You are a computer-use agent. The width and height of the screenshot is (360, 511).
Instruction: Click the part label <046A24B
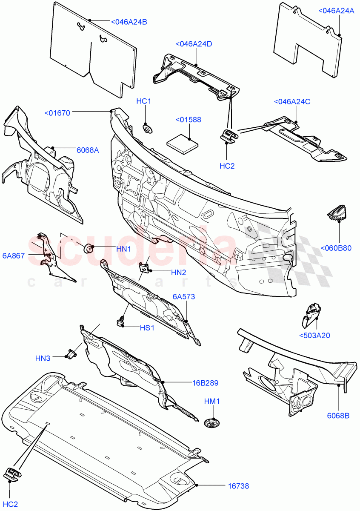tap(129, 22)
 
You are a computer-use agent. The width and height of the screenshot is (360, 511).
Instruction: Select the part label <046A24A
tap(336, 11)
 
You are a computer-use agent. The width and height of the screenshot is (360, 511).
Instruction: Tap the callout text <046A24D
tap(194, 43)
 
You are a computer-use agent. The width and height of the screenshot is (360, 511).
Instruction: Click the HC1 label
tap(144, 101)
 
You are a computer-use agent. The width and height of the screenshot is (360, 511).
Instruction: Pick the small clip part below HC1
tap(147, 128)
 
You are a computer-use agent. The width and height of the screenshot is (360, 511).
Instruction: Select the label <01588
tap(188, 120)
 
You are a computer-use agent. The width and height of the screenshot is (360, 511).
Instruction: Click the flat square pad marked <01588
tap(183, 142)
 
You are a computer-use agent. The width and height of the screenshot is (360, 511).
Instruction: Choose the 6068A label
tap(88, 150)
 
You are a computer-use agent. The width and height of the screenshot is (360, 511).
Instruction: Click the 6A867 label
tap(14, 255)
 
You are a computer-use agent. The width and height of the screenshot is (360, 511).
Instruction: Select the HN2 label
tap(179, 272)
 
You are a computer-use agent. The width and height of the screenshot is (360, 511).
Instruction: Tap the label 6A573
tap(184, 296)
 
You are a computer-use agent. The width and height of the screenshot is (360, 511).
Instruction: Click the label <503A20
tap(314, 336)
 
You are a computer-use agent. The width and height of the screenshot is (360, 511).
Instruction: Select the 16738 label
tap(238, 486)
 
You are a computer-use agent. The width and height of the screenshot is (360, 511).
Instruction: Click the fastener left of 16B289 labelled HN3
tap(71, 353)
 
